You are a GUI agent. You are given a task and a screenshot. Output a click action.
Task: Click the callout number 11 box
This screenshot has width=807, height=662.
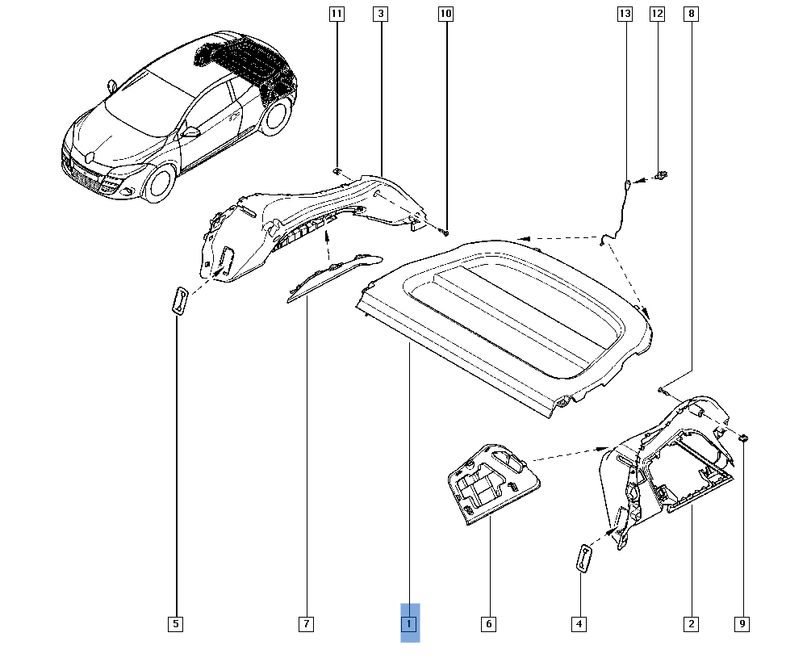(x=337, y=14)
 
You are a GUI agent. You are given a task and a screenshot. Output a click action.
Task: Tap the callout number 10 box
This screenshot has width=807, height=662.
(x=446, y=14)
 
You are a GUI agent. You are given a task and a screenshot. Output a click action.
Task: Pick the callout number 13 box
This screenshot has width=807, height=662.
(x=625, y=14)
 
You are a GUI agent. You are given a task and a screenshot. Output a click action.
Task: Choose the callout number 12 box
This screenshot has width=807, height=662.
(x=657, y=14)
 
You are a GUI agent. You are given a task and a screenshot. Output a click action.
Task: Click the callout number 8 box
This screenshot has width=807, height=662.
(x=691, y=14)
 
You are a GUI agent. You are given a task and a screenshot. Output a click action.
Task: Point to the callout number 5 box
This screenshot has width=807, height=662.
(x=176, y=623)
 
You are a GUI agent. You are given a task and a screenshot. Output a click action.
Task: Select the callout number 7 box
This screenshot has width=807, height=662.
(x=306, y=623)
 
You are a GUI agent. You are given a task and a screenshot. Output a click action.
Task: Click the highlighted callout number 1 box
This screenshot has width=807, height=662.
(x=410, y=623)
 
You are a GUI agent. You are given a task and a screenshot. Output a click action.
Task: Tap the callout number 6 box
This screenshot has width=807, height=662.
(x=488, y=623)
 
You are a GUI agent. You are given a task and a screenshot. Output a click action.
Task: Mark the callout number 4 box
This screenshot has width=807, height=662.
(x=579, y=623)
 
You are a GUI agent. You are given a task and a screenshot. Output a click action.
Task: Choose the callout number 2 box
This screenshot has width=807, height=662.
(x=691, y=623)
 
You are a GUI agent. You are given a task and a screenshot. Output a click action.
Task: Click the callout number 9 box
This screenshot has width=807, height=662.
(x=742, y=623)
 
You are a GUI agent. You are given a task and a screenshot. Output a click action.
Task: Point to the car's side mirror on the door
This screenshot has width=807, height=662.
(x=191, y=132)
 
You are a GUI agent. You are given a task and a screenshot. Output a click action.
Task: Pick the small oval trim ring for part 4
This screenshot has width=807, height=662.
(x=583, y=559)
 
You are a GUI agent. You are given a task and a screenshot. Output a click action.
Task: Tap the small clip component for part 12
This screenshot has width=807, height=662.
(x=663, y=174)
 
